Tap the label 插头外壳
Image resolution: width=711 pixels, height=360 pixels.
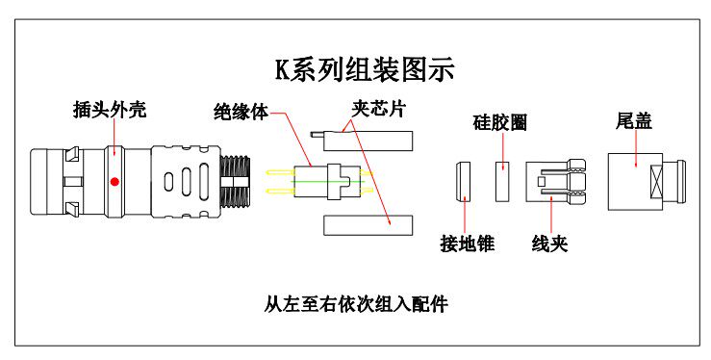click(x=110, y=109)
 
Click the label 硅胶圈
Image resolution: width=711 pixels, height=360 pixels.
click(x=500, y=123)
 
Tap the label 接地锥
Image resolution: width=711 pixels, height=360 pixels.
click(x=467, y=244)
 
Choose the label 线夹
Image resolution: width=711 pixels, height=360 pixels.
click(x=549, y=244)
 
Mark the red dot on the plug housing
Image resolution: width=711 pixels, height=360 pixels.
click(x=114, y=181)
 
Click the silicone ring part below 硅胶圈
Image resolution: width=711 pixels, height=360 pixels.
click(x=501, y=181)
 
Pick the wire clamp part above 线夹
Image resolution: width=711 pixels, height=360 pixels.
click(x=555, y=181)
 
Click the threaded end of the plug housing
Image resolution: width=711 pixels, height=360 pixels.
click(x=235, y=181)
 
